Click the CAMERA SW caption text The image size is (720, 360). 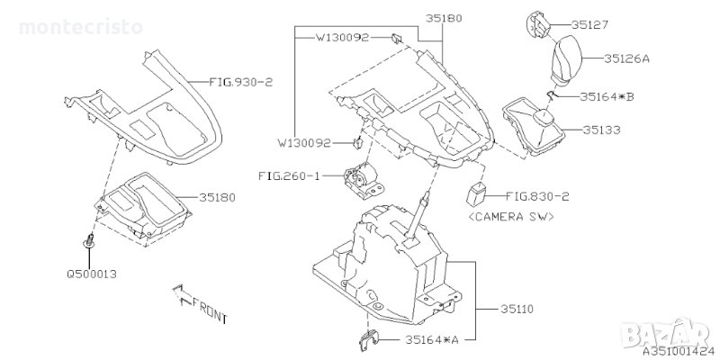tap(513, 217)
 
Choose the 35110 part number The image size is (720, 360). tap(517, 307)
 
